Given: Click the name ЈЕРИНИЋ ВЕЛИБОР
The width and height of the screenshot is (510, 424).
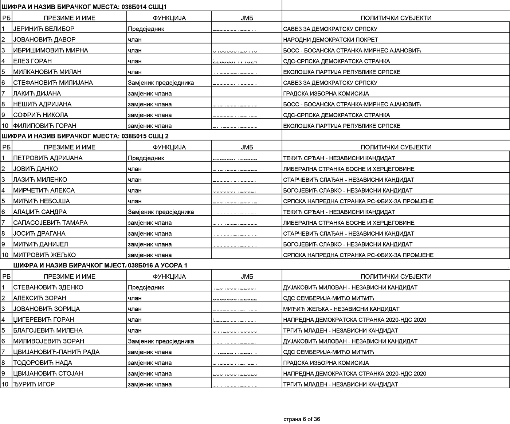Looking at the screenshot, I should pos(44,29).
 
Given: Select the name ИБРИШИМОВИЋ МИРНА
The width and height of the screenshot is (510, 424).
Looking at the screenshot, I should pos(51,50).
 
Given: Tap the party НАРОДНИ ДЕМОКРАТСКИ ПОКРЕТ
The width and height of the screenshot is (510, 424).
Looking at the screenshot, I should pos(330,40).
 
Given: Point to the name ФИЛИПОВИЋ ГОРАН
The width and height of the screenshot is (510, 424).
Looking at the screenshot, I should pos(45,126).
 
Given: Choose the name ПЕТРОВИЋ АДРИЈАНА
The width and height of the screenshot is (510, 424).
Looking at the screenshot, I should pos(48,158).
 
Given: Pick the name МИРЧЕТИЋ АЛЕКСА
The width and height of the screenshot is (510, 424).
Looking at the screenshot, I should pos(44,190).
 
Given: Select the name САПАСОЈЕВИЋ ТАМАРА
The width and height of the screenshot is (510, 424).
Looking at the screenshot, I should pos(50,223).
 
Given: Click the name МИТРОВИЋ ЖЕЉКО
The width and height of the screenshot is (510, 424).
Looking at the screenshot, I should pos(44,255).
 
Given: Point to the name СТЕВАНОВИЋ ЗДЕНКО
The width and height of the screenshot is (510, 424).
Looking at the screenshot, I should pos(48,287).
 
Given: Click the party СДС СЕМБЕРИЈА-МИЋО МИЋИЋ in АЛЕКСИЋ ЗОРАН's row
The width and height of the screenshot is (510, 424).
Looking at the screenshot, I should pos(328,298).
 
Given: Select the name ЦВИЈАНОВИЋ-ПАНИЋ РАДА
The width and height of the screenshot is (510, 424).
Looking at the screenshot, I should pos(56,352).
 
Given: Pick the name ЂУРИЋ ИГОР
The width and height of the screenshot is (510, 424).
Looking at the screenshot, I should pos(34,384).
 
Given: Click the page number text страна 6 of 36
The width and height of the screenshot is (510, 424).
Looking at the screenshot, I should pos(302,419).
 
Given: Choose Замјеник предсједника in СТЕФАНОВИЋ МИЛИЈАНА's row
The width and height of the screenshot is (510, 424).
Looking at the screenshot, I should pos(161,83).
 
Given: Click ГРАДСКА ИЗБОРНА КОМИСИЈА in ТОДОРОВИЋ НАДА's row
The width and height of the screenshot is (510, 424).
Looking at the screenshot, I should pos(326,363).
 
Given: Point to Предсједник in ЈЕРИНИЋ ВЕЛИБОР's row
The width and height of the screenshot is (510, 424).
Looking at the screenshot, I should pos(146,29).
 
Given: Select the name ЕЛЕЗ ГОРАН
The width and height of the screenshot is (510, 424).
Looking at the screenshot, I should pos(32,61).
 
